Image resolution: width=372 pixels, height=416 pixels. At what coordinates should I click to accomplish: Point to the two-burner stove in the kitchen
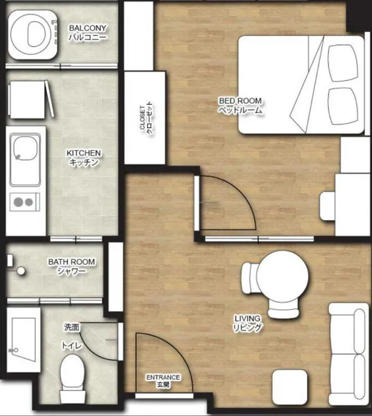tap(24, 202)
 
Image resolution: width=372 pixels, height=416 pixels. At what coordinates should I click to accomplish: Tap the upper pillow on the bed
tap(342, 63)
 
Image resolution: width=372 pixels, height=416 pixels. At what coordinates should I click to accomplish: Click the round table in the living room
tap(283, 277)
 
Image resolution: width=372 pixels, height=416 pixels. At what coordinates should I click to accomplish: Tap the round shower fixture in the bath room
tap(21, 271)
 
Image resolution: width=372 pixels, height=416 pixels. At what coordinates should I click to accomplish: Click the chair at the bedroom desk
tap(328, 206)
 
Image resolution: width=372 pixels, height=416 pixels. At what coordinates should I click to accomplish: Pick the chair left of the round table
tap(250, 278)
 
